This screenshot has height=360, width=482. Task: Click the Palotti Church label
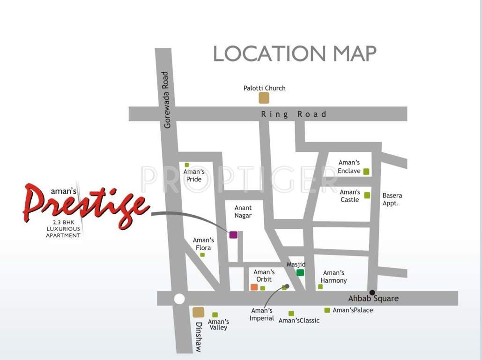[x=264, y=88]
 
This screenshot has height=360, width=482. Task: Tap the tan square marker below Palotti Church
[x=264, y=97]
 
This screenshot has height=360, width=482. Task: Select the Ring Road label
[x=293, y=114]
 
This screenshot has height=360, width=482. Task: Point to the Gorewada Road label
[x=166, y=100]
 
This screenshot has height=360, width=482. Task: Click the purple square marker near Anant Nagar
[x=233, y=234]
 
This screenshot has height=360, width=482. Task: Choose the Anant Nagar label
[x=243, y=211]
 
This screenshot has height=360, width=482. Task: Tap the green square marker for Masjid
[x=300, y=272]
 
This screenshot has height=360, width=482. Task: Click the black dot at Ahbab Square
[x=372, y=292]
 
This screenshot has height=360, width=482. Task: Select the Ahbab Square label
[x=373, y=299]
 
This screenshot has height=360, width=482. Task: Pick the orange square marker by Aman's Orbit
[x=254, y=287]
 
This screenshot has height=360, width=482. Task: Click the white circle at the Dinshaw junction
[x=179, y=299]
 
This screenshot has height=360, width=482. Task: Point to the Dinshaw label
[x=199, y=337]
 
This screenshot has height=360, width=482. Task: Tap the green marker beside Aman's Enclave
[x=366, y=172]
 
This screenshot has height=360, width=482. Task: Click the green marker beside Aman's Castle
[x=367, y=195]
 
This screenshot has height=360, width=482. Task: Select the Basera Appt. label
[x=392, y=199]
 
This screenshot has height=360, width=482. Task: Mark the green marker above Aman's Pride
[x=186, y=165]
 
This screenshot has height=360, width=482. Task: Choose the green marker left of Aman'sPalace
[x=327, y=310]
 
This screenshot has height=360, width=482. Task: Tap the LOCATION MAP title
[x=295, y=54]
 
